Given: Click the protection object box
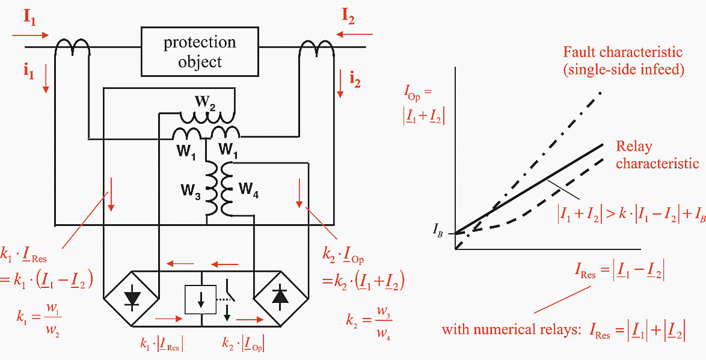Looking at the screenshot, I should coord(200,52).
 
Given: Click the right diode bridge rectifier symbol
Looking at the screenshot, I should coord(277,300).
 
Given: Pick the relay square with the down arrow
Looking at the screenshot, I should coord(201,298).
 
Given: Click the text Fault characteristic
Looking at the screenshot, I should coord(622,52).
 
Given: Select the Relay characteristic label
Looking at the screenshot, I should coord(655,155).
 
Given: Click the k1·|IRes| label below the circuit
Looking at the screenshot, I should coord(163,345).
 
